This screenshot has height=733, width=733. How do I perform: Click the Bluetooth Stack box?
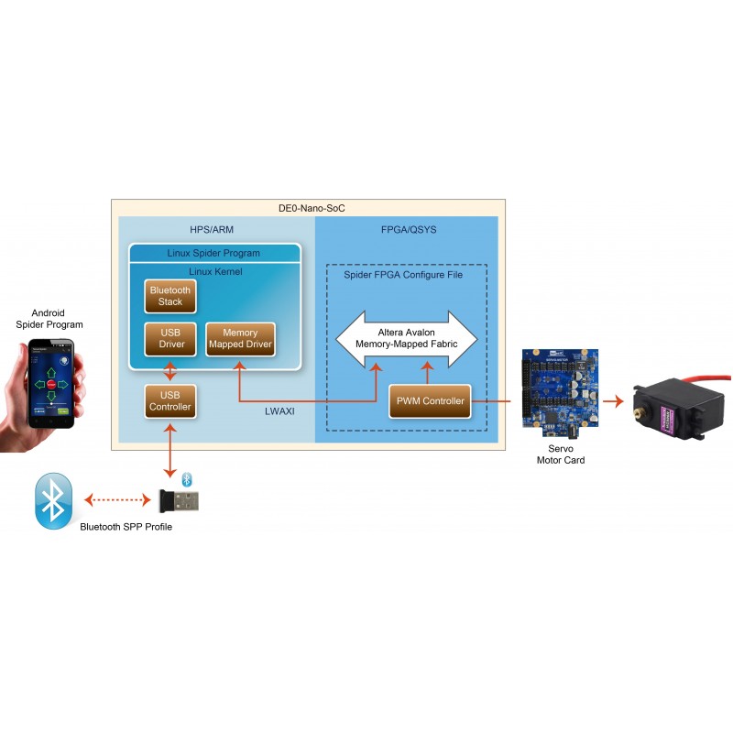click(170, 295)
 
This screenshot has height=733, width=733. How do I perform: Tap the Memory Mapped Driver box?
click(240, 339)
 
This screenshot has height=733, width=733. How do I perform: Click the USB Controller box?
click(170, 400)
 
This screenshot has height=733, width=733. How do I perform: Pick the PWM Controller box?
click(430, 400)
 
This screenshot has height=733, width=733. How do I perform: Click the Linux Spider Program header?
click(213, 253)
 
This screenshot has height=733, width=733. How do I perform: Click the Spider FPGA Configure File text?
click(403, 275)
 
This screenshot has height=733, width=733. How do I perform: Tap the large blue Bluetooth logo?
click(53, 500)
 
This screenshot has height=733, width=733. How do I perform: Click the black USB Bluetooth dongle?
click(181, 501)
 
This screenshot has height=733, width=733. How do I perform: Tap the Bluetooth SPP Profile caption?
click(126, 527)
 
